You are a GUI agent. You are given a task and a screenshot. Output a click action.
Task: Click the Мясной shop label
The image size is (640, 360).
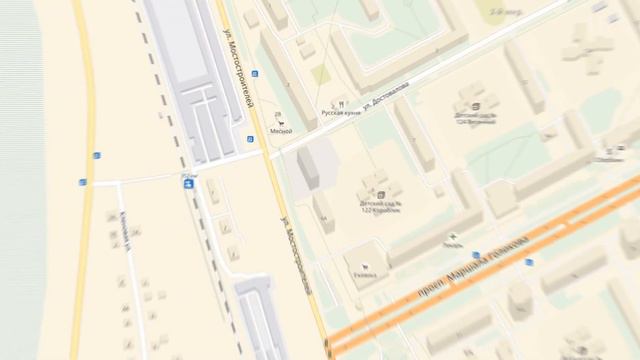(280, 131)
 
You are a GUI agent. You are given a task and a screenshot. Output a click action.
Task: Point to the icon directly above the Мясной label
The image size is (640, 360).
(280, 122)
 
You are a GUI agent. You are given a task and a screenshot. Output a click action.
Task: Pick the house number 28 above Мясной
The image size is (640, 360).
(278, 114)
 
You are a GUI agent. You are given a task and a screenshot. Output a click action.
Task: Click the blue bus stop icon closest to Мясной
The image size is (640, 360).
(250, 140)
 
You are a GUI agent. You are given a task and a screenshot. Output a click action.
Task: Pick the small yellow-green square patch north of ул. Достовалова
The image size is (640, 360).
(319, 75)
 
